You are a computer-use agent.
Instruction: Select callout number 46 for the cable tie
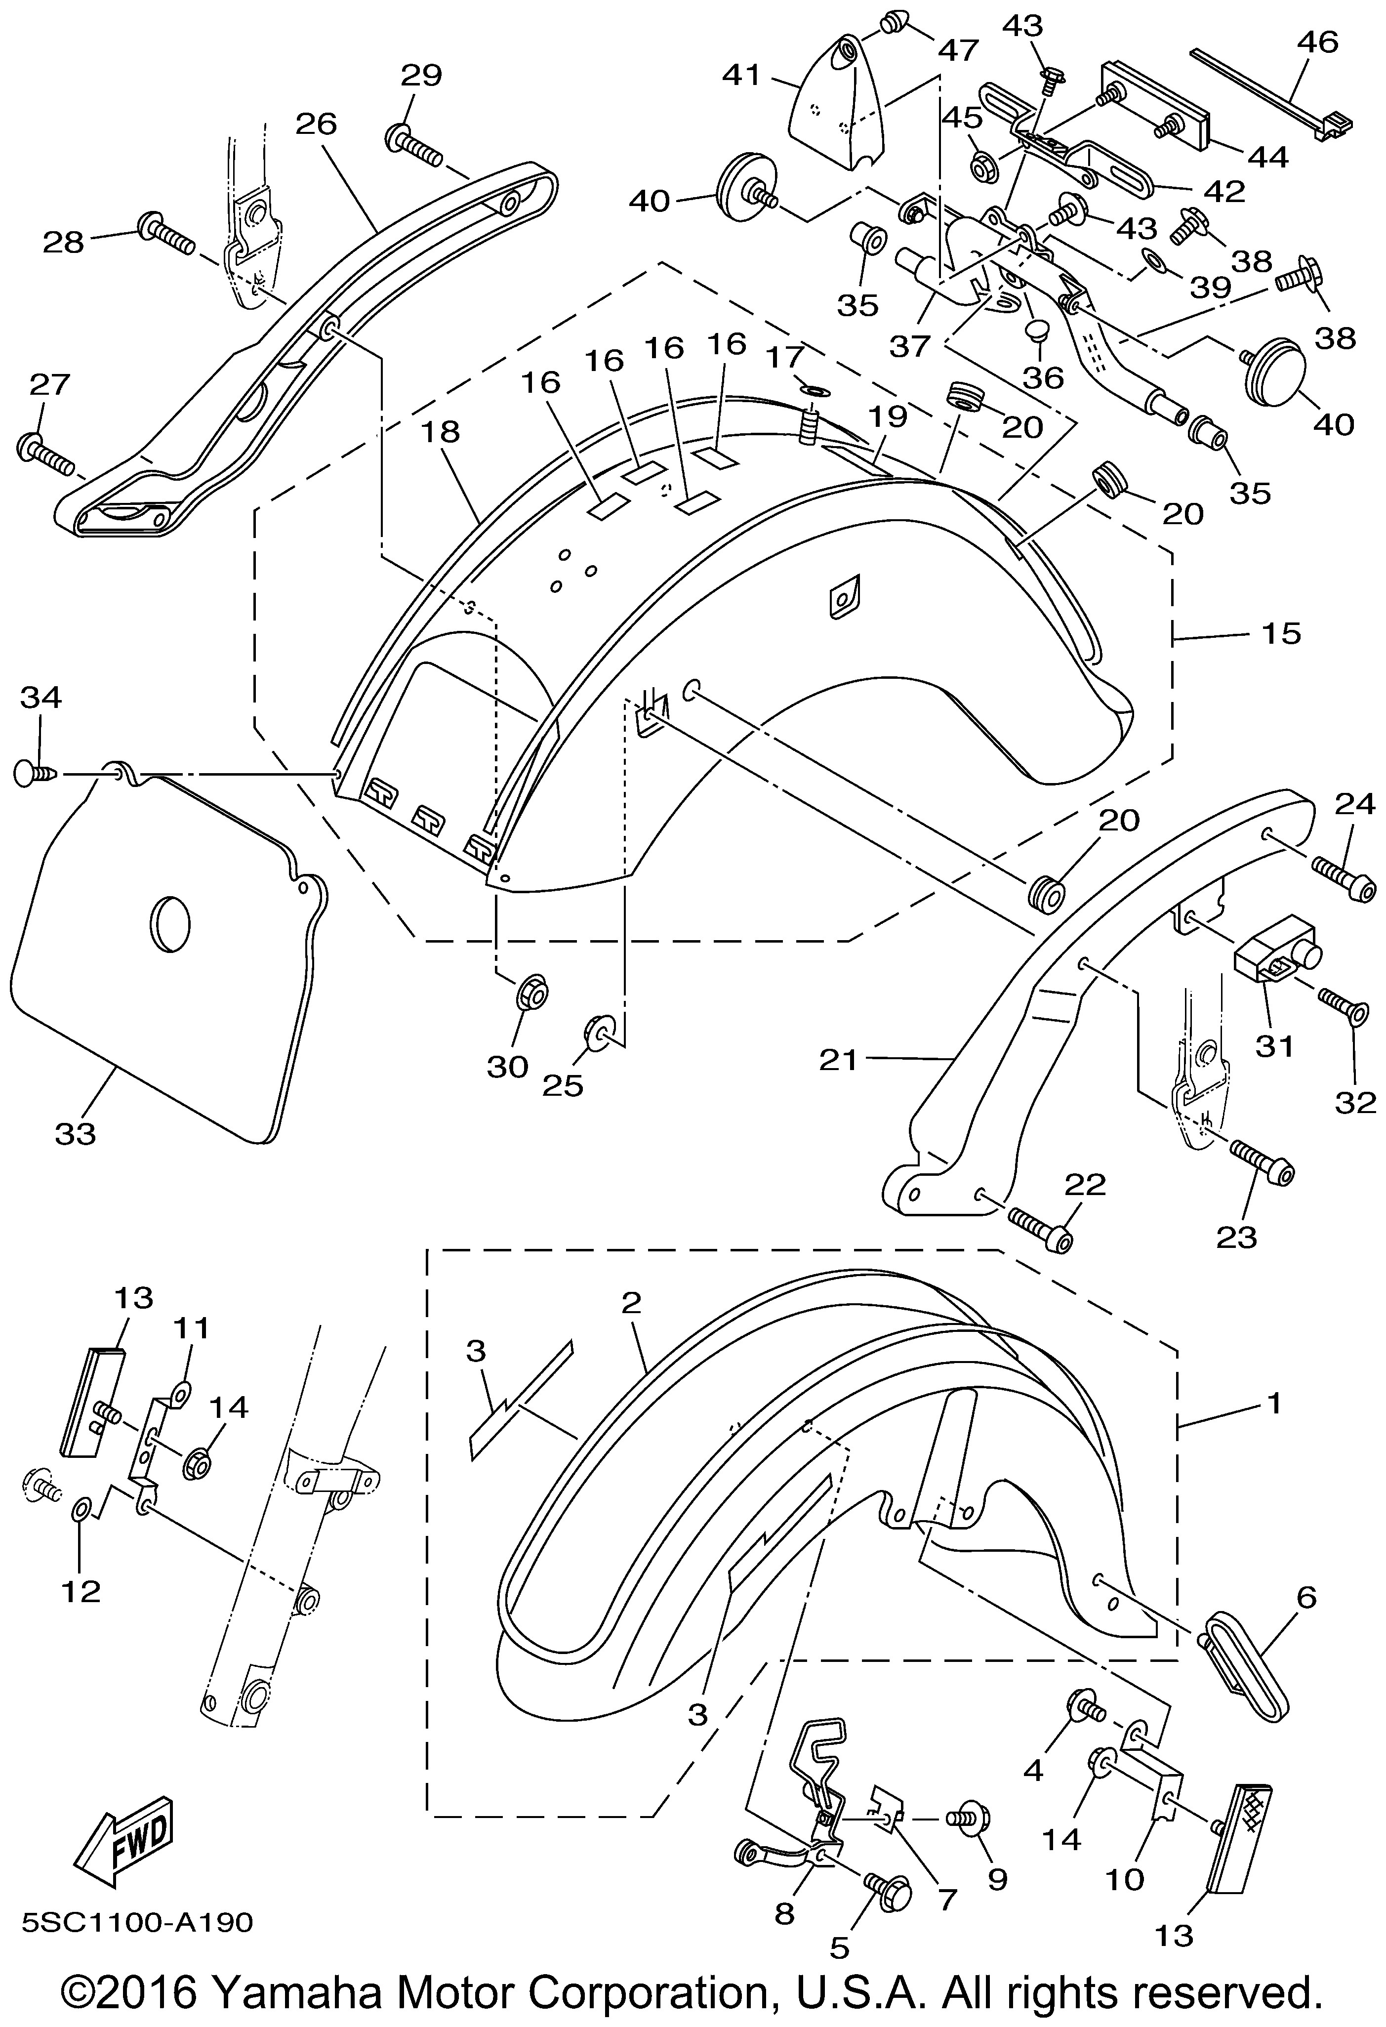1317,41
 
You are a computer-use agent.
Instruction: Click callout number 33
76,1134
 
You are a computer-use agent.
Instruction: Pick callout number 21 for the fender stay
839,1061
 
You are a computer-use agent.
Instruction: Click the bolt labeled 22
1041,1229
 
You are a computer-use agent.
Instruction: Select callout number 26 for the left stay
316,124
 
